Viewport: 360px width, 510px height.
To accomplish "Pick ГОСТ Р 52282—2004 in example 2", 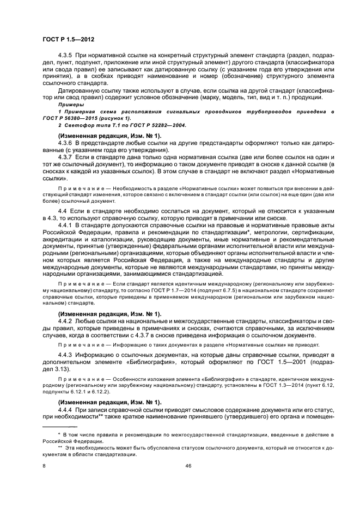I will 162,125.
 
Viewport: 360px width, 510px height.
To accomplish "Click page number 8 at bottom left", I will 44,466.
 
